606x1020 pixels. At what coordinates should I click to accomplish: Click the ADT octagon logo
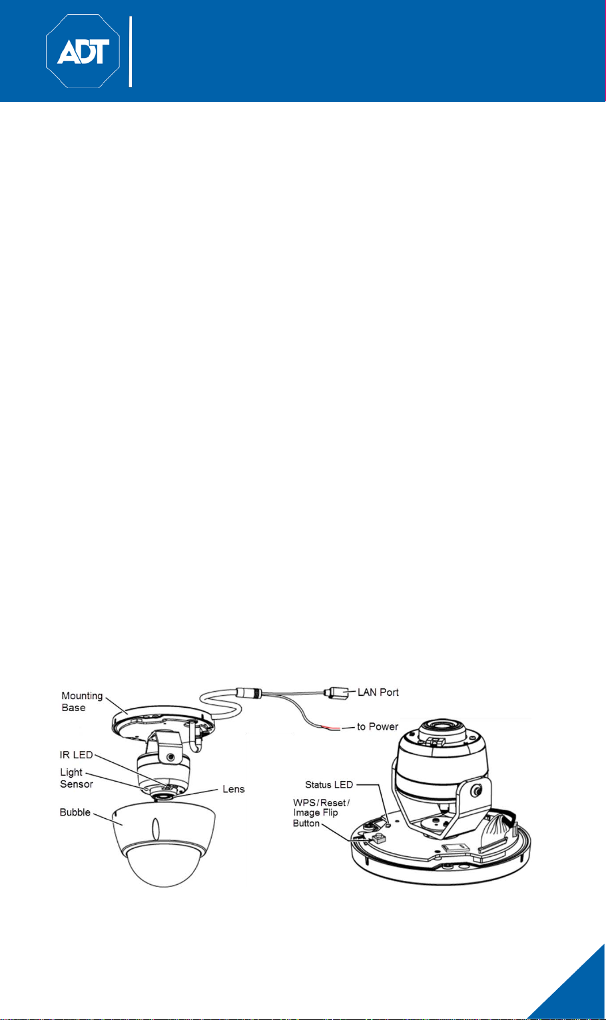click(x=83, y=51)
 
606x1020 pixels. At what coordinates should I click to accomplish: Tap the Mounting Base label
click(x=82, y=701)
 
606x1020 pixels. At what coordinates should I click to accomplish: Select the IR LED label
click(x=76, y=754)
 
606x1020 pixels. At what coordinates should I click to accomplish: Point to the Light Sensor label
click(x=76, y=778)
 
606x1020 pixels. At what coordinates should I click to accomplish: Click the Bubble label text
click(x=75, y=812)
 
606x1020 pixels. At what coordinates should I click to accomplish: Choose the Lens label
click(x=234, y=789)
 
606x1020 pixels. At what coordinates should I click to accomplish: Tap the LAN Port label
click(x=378, y=692)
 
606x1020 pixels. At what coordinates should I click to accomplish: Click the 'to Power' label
click(x=378, y=726)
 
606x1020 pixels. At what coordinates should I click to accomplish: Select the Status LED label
click(x=329, y=784)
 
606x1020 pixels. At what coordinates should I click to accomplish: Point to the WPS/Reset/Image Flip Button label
click(x=321, y=813)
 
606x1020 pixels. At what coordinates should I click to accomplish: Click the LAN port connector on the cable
click(x=336, y=693)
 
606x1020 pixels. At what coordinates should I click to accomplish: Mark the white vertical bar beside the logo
click(x=131, y=51)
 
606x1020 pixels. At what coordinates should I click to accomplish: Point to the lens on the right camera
click(x=441, y=727)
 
